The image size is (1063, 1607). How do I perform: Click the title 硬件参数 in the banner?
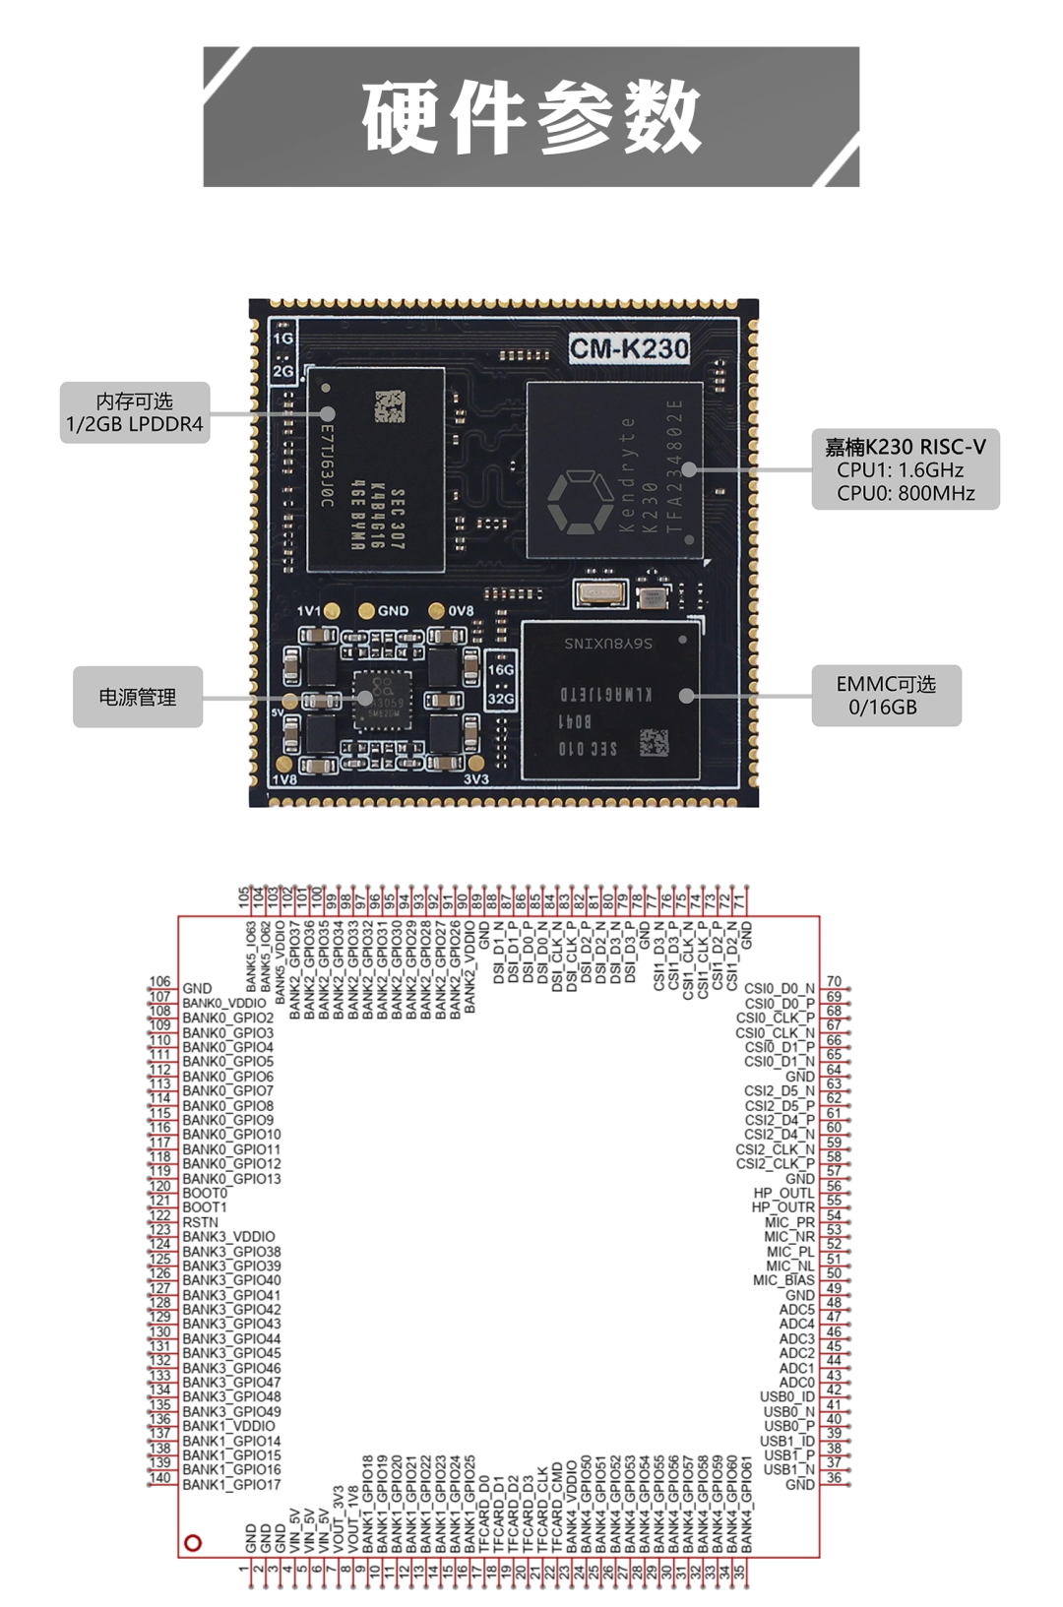531,117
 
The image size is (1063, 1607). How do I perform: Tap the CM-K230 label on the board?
629,348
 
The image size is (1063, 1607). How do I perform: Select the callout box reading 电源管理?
138,697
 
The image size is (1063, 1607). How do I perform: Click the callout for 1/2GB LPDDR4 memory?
135,412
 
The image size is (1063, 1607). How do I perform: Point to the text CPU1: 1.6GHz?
900,470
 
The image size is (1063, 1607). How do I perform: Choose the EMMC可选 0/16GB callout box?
886,696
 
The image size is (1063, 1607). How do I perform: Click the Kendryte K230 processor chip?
614,470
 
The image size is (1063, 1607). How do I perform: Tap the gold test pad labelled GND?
367,611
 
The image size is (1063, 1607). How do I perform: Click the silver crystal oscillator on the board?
599,593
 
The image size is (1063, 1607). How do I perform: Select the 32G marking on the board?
501,699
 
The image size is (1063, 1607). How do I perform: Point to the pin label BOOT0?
205,1193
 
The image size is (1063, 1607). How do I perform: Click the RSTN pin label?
201,1222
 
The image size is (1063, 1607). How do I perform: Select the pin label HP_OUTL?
783,1193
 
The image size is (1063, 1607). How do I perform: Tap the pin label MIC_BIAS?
783,1280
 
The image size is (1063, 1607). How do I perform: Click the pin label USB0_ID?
787,1396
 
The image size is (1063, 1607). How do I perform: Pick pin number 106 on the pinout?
160,982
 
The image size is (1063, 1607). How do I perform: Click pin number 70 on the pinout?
834,982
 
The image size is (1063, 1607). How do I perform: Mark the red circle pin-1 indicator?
193,1543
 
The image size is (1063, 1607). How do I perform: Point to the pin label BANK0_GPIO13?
231,1179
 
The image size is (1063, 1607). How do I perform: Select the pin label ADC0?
796,1383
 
